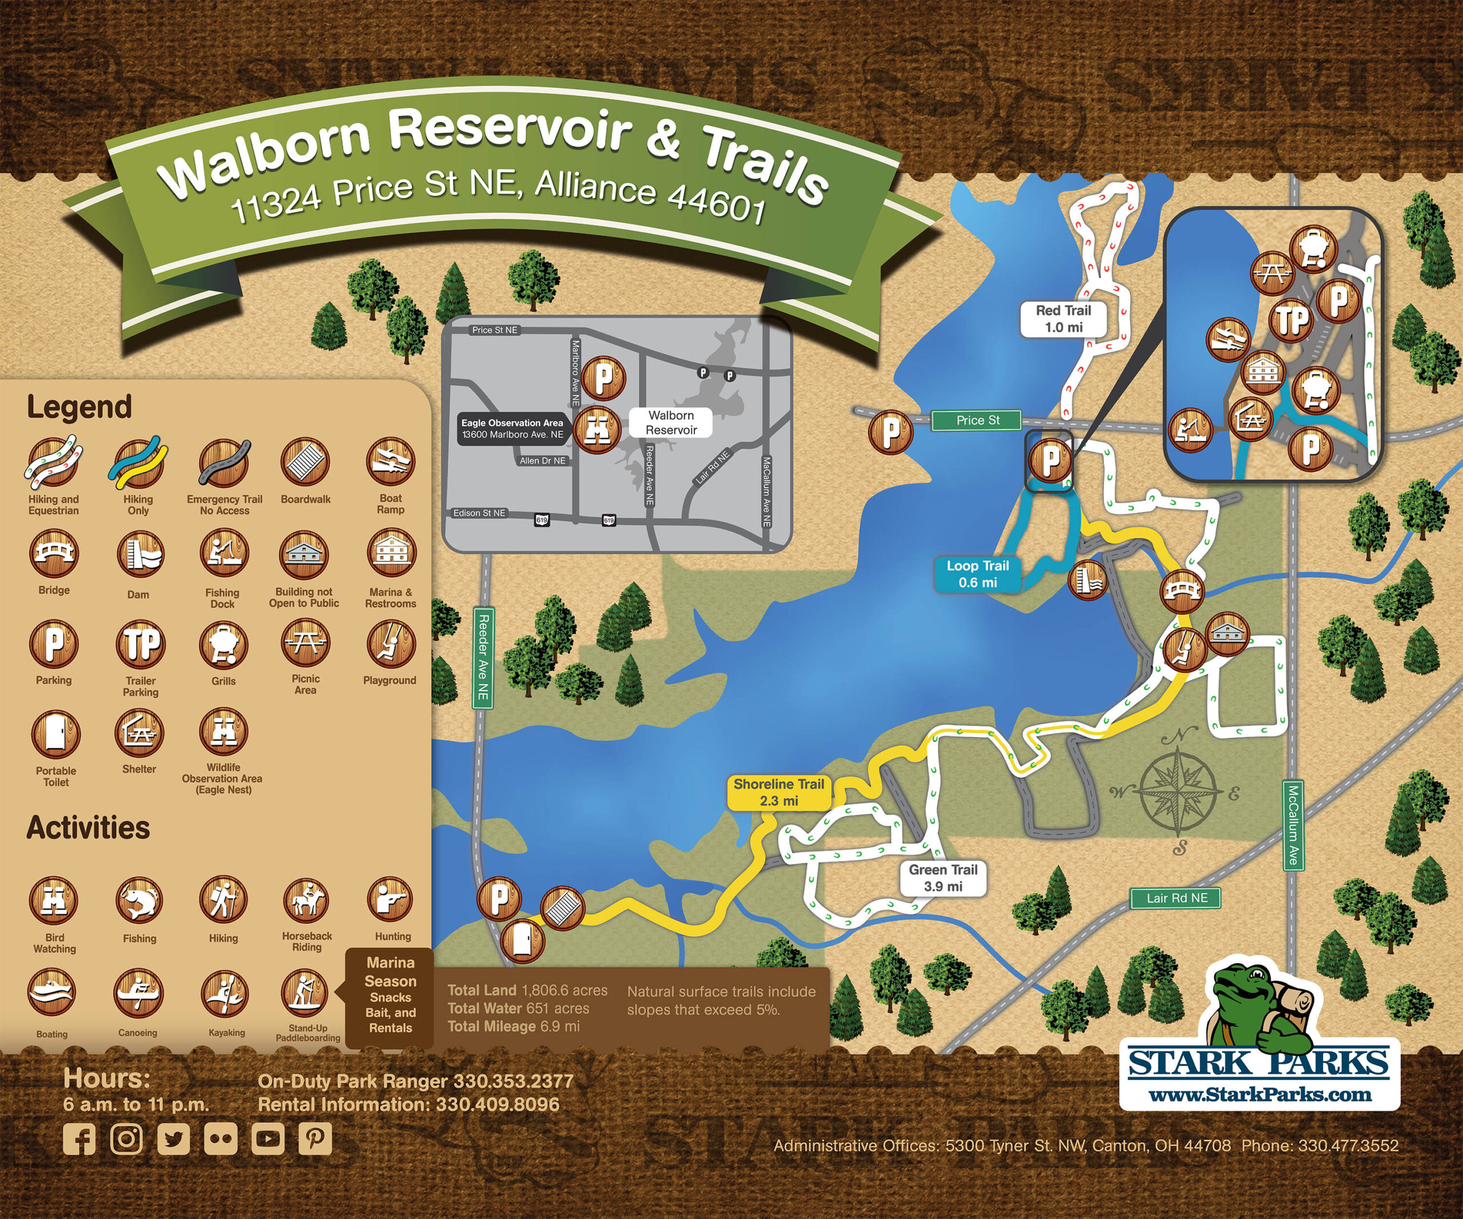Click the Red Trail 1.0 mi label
point(1063,319)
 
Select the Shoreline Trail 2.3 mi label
point(778,792)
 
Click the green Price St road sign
point(977,420)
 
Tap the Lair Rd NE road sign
point(1177,898)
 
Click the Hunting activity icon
point(391,900)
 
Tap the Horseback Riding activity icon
point(306,900)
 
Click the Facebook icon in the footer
point(79,1139)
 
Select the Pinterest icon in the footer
point(315,1138)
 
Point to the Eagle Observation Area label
point(512,429)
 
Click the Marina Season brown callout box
point(390,997)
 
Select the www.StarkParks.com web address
point(1259,1094)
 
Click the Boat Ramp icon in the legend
point(391,461)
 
